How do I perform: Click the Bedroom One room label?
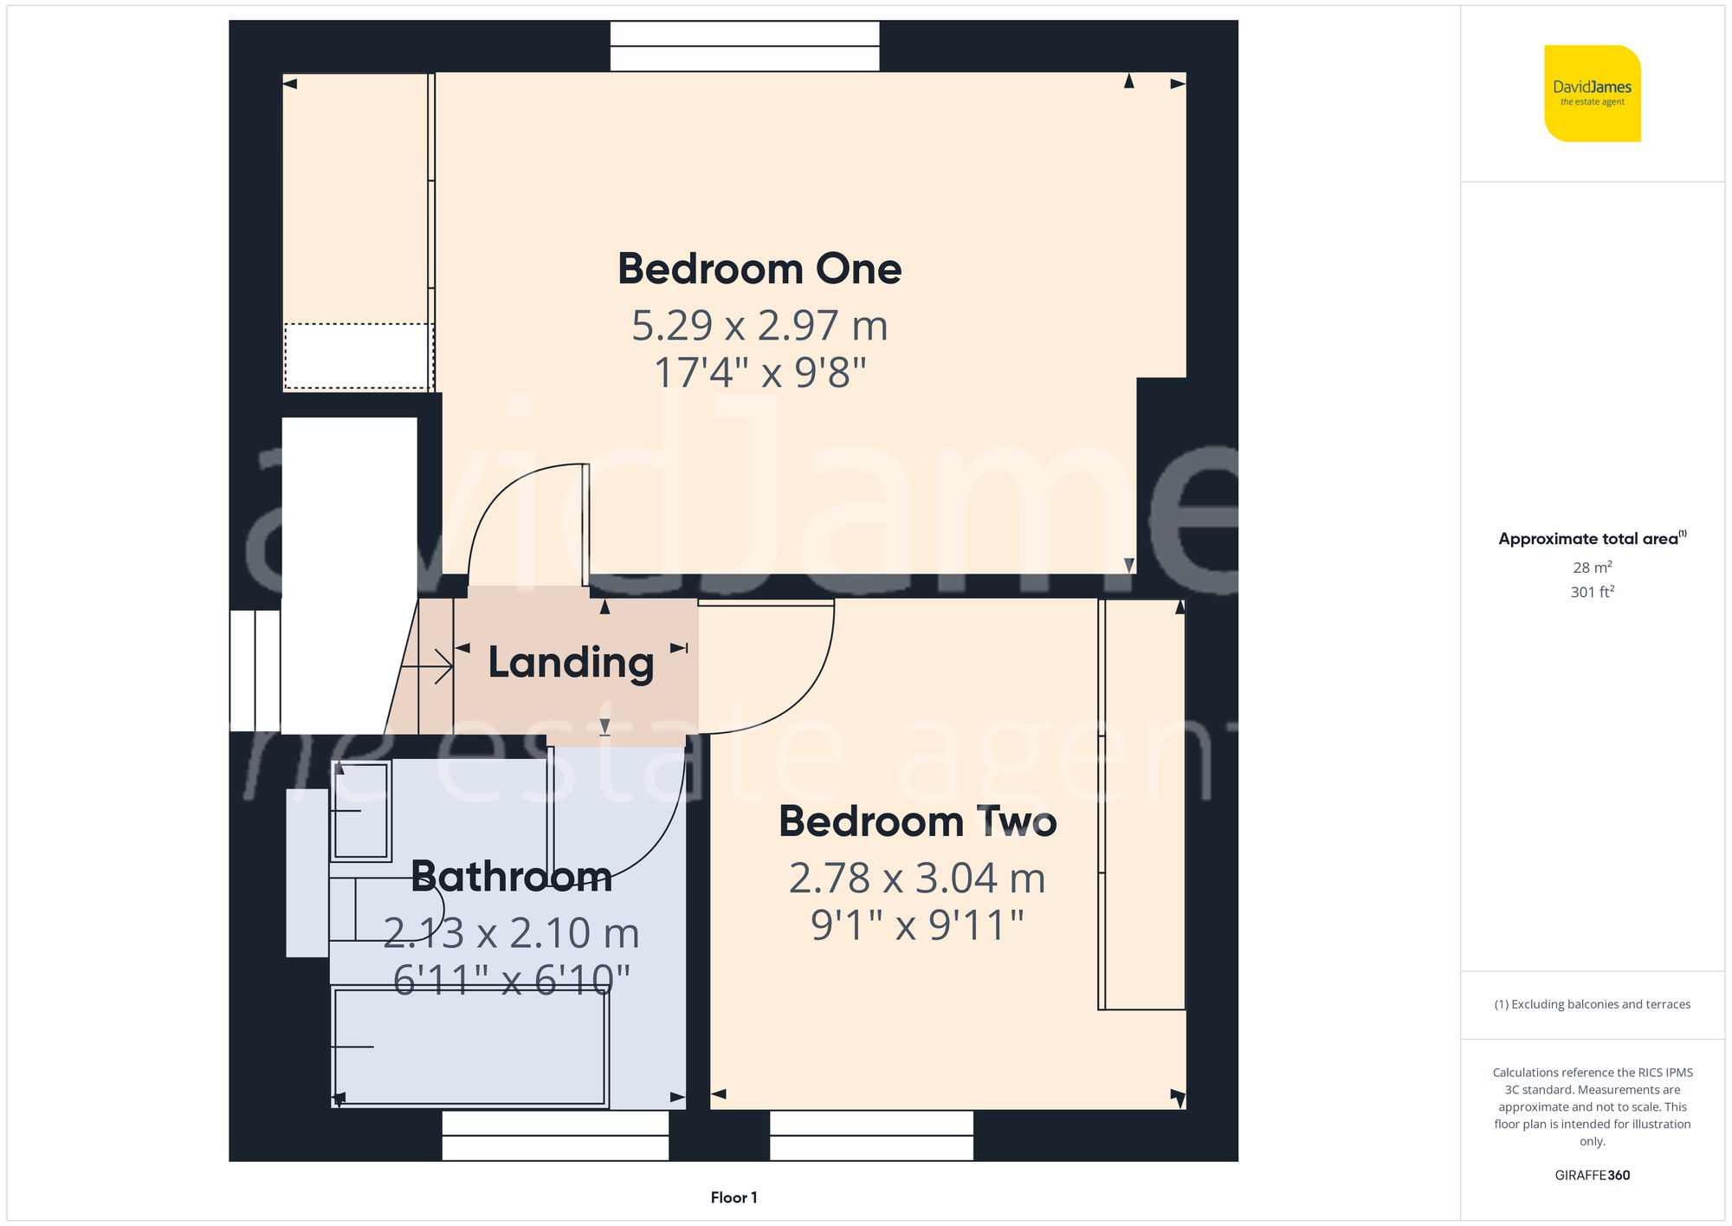pos(759,269)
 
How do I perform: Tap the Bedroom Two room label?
pos(917,821)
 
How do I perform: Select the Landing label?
pos(571,663)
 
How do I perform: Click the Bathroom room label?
pos(511,876)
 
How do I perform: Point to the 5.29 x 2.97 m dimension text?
pos(759,326)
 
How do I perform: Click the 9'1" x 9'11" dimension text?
pos(917,925)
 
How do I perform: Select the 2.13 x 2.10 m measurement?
pos(511,933)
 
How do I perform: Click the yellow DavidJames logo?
pos(1592,94)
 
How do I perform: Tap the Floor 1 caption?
pos(734,1197)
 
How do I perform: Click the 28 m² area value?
pos(1592,568)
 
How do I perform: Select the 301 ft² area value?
pos(1592,592)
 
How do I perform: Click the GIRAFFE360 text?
pos(1592,1175)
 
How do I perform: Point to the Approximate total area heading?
pos(1592,538)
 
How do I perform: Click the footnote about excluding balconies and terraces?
pos(1592,1004)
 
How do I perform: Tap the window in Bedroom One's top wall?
pos(745,46)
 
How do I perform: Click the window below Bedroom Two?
pos(871,1135)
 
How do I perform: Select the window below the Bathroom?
pos(555,1135)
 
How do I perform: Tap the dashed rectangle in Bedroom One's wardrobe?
pos(358,356)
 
